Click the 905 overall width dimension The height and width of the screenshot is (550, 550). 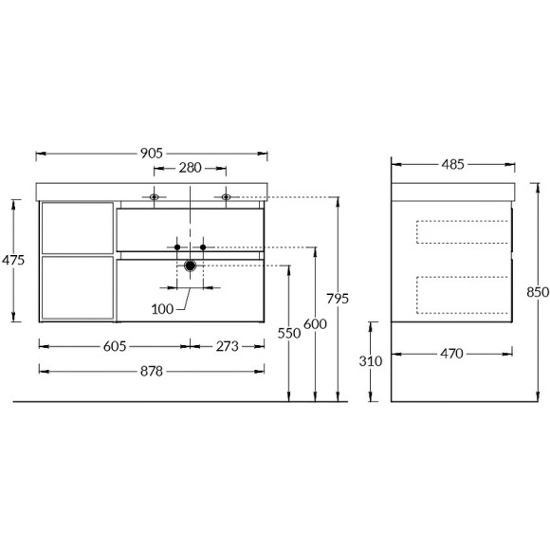152,153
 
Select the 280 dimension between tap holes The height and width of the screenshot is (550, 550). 190,168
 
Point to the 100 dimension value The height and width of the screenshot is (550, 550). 164,308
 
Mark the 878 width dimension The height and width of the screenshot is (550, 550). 152,371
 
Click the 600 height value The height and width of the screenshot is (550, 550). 315,322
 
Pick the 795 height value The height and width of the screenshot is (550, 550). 339,298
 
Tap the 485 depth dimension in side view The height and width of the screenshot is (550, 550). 452,164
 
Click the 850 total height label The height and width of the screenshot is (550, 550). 538,293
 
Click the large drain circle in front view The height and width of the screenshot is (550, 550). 190,266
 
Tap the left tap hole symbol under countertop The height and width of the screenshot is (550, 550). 154,197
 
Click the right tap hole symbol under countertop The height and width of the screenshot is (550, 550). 227,197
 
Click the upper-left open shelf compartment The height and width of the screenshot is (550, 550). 77,227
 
